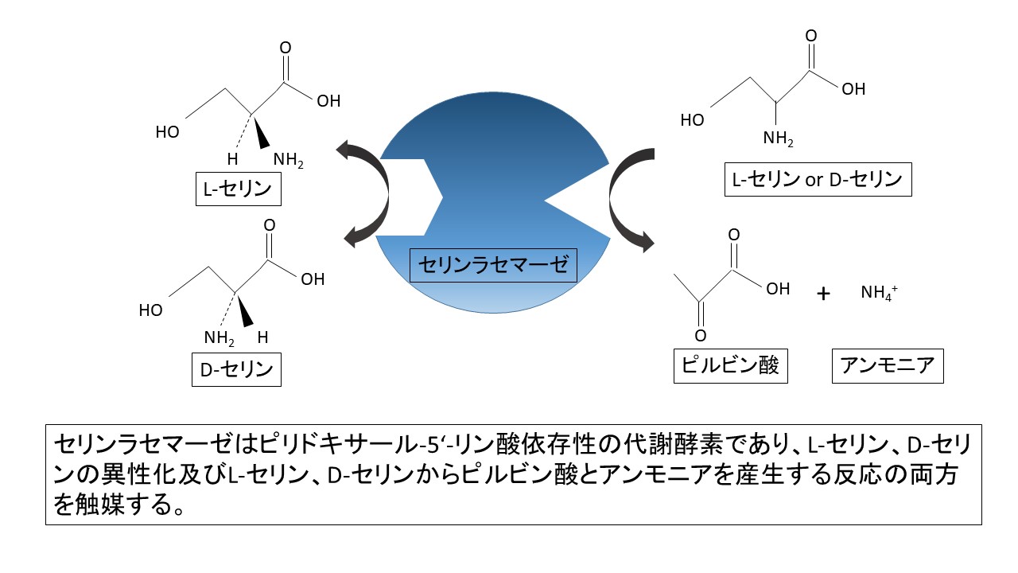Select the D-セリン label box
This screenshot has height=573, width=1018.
tap(237, 369)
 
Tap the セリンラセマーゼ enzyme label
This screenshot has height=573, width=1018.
tap(493, 264)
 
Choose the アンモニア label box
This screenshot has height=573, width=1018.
tap(888, 367)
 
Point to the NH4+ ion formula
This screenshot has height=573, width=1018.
tap(878, 293)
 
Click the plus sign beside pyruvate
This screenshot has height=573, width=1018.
tap(823, 294)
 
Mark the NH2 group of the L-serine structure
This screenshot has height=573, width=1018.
tap(288, 160)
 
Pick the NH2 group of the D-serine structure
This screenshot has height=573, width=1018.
tap(219, 337)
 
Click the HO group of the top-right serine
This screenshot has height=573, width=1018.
tap(693, 120)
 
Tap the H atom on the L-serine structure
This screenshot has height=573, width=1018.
tap(233, 159)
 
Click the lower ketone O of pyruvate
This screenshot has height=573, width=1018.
tap(701, 336)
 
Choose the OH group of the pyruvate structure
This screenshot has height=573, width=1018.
tap(778, 289)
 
